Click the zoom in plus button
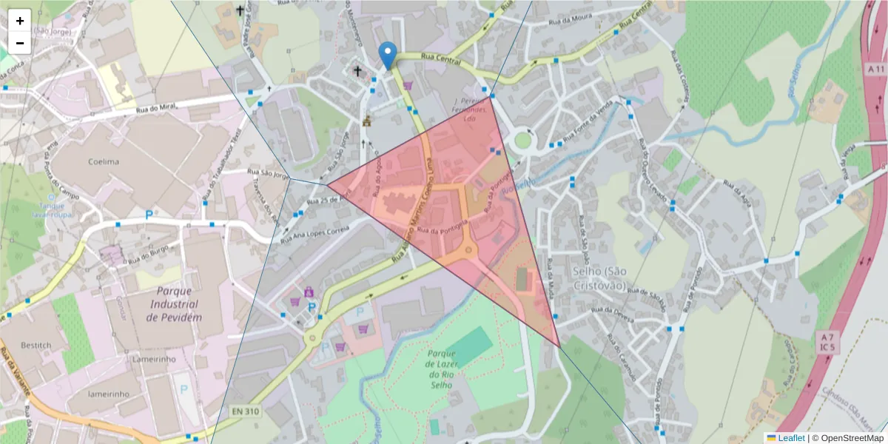(x=20, y=21)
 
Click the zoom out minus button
(x=20, y=43)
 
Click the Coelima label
(x=104, y=161)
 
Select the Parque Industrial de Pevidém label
(x=172, y=303)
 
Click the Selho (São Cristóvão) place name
(x=599, y=278)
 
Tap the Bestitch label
(x=36, y=346)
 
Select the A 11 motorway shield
(x=874, y=68)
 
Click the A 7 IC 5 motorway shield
(x=827, y=341)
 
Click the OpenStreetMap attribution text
(x=848, y=438)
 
